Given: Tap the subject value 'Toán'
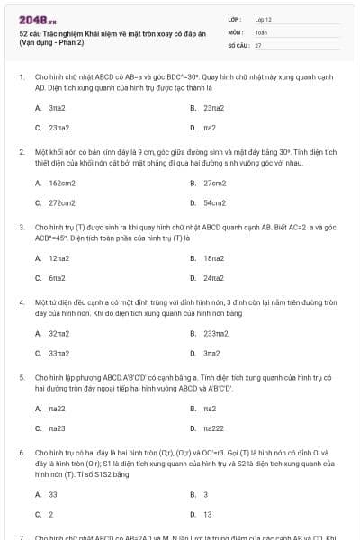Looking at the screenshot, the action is [261, 31].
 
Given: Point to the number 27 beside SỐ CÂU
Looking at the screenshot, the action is [258, 44].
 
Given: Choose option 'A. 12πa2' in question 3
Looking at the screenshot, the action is [52, 257].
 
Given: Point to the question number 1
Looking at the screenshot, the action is [21, 78].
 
